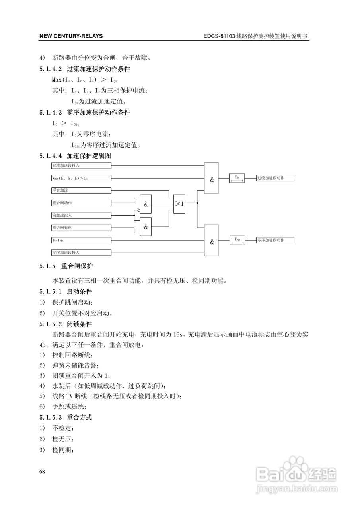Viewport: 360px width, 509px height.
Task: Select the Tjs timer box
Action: click(237, 178)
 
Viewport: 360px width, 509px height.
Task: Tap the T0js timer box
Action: click(237, 240)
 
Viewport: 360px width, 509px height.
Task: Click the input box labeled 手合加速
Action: click(81, 190)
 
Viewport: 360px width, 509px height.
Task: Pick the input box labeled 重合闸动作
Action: click(81, 203)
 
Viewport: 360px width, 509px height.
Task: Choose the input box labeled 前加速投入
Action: click(81, 215)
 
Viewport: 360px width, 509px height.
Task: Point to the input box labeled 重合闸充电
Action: click(81, 227)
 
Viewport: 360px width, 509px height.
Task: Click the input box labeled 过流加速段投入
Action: click(81, 165)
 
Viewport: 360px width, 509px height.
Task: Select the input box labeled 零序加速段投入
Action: click(81, 252)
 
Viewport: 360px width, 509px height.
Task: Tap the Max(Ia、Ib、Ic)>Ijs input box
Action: click(81, 178)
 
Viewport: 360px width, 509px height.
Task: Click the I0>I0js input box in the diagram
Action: click(81, 240)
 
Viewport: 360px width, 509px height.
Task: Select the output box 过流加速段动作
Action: click(275, 178)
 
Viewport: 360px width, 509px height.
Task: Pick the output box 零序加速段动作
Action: click(275, 240)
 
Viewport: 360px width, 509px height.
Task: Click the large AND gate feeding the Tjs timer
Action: click(211, 178)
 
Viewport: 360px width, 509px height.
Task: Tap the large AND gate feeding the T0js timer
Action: click(211, 240)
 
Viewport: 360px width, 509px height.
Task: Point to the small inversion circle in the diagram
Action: click(138, 210)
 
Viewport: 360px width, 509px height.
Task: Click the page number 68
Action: click(42, 472)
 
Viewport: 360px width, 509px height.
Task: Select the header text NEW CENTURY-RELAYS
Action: click(71, 36)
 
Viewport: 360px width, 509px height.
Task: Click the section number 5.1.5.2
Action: click(51, 324)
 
